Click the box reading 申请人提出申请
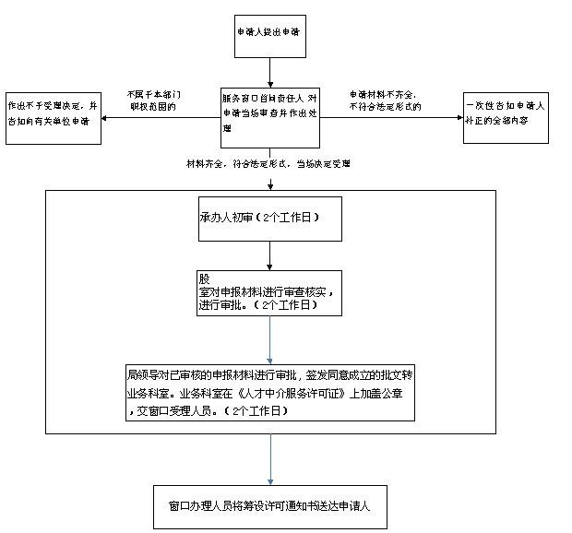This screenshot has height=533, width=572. click(x=269, y=33)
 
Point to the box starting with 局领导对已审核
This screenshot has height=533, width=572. click(x=269, y=392)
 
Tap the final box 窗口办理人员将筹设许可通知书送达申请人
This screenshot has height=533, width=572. click(x=269, y=506)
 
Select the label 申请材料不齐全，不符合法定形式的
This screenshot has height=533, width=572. click(x=385, y=101)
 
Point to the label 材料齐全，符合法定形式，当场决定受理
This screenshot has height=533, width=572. click(x=268, y=164)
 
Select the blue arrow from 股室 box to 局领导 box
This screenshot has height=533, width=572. click(x=270, y=340)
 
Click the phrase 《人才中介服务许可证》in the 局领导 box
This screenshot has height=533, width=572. click(x=290, y=392)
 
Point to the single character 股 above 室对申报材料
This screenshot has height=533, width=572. click(x=204, y=277)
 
